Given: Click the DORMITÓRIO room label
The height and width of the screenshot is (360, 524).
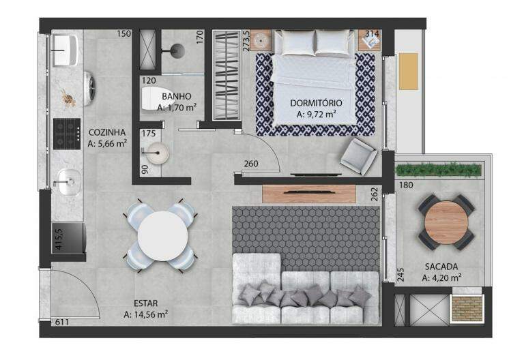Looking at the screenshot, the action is pyautogui.click(x=316, y=103).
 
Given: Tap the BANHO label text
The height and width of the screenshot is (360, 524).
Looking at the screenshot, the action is pyautogui.click(x=177, y=97).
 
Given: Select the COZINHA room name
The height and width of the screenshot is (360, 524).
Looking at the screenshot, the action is pyautogui.click(x=107, y=132).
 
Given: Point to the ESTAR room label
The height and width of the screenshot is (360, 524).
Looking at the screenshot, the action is pyautogui.click(x=146, y=303).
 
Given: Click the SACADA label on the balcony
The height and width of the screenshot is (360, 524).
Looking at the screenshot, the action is pyautogui.click(x=441, y=267).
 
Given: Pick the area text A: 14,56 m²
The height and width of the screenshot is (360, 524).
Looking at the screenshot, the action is pyautogui.click(x=146, y=314).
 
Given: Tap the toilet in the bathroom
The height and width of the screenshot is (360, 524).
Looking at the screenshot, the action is pyautogui.click(x=152, y=98).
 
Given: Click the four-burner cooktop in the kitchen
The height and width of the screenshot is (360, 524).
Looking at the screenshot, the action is pyautogui.click(x=67, y=134).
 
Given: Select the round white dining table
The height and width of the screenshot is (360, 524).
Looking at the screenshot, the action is pyautogui.click(x=163, y=236).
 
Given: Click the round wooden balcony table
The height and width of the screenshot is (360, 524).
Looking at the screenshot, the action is pyautogui.click(x=446, y=222).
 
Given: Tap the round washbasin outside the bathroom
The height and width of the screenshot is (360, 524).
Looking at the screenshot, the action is pyautogui.click(x=158, y=153).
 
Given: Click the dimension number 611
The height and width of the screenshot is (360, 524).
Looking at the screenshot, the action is pyautogui.click(x=62, y=322).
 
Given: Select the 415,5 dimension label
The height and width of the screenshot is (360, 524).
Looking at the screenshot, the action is pyautogui.click(x=59, y=239).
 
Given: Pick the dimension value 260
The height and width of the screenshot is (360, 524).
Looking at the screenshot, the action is pyautogui.click(x=251, y=164).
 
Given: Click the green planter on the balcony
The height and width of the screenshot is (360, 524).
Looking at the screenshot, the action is pyautogui.click(x=439, y=170).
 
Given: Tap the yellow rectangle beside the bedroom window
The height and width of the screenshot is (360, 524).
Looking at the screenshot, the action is pyautogui.click(x=409, y=71).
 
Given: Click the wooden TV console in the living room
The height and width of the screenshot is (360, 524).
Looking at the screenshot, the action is pyautogui.click(x=309, y=194).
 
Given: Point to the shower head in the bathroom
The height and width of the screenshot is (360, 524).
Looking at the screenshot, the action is pyautogui.click(x=176, y=50).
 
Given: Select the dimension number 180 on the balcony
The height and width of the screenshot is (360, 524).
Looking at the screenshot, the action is pyautogui.click(x=406, y=185).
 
